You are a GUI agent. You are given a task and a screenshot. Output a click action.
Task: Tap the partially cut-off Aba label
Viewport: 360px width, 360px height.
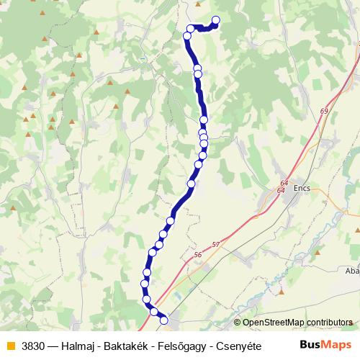click(352, 271)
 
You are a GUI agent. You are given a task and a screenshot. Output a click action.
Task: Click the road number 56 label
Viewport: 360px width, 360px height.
click(198, 255)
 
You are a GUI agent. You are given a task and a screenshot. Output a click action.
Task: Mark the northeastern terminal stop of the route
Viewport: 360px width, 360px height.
click(215, 20)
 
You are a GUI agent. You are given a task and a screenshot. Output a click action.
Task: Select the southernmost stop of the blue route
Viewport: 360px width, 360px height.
click(163, 320)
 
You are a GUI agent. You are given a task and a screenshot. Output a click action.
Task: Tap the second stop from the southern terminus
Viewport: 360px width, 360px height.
click(153, 311)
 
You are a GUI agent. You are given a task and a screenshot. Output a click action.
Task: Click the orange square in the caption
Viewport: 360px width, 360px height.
click(10, 344)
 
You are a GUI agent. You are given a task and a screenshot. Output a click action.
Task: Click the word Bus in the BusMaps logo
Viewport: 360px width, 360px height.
click(311, 344)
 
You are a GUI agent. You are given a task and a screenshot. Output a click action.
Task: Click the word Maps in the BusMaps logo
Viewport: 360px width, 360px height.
click(336, 344)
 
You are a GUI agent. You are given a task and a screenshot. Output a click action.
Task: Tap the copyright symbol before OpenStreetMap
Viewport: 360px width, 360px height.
click(238, 323)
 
